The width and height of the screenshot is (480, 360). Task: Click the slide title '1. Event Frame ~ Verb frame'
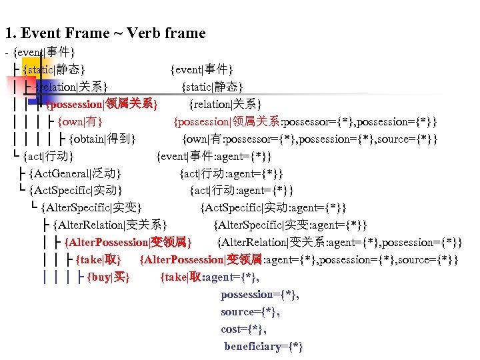tap(105, 33)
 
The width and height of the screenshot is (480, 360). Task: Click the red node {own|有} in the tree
tap(79, 122)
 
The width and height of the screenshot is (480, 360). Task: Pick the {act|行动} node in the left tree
tap(47, 157)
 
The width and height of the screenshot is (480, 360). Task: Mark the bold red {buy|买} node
tap(108, 277)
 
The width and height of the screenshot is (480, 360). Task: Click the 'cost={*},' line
tap(244, 329)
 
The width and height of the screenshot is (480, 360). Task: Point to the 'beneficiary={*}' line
tap(263, 347)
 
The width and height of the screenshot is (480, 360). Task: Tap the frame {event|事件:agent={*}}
tap(213, 157)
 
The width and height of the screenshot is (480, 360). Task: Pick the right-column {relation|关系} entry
tap(225, 105)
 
